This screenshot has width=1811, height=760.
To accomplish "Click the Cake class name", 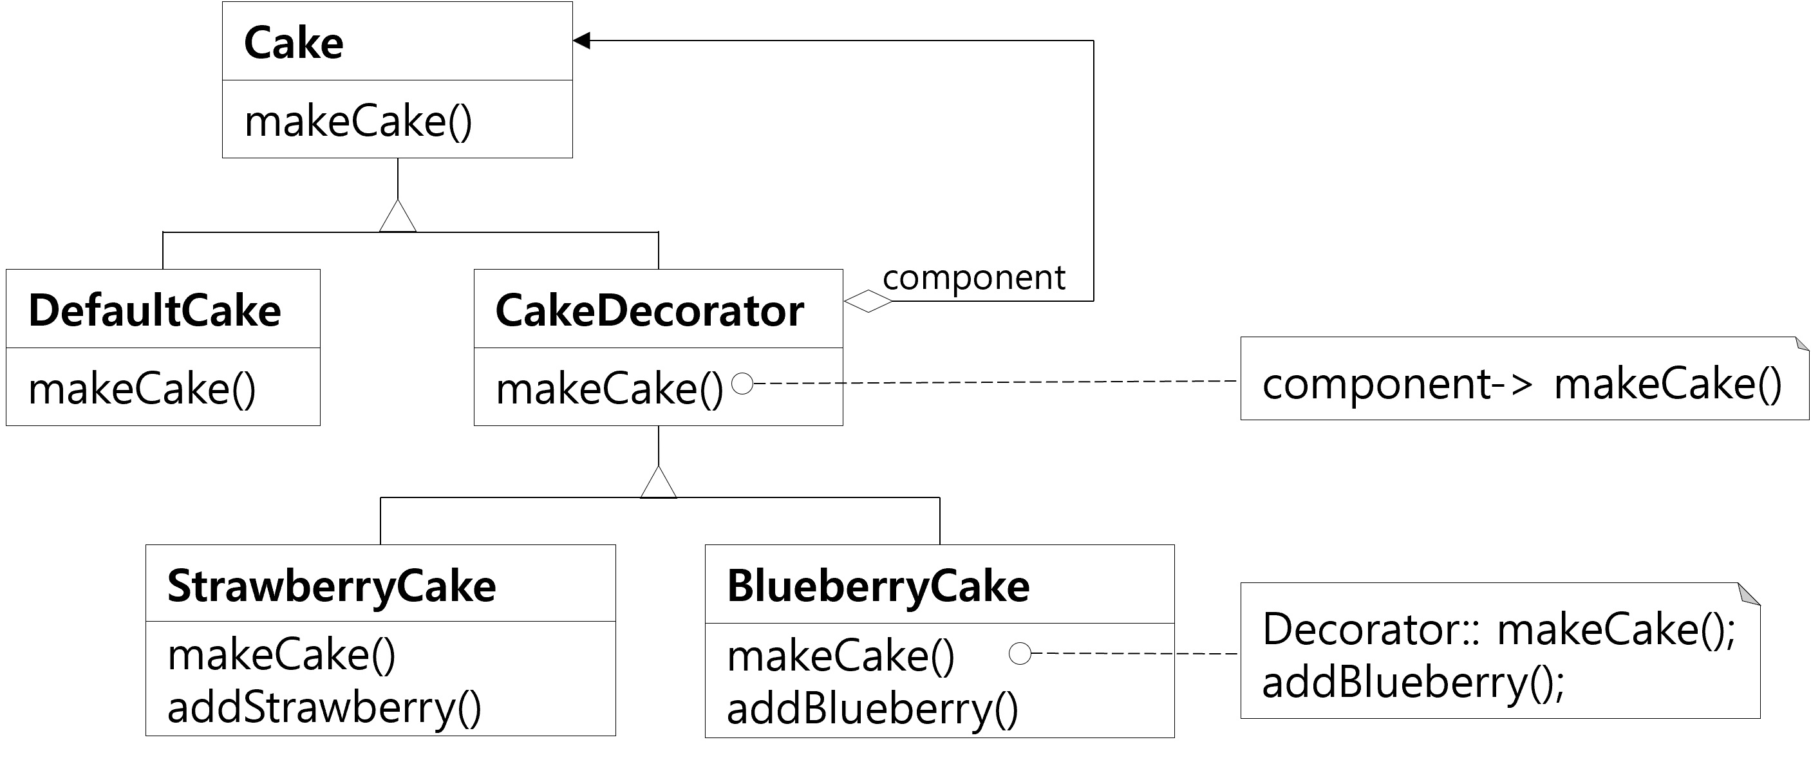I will pos(294,44).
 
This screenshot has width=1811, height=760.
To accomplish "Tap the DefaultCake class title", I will pos(155,311).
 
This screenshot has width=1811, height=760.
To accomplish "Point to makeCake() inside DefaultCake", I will pos(142,389).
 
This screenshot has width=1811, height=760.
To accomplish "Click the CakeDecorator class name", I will pos(650,311).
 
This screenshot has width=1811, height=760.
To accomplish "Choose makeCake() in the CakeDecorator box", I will pos(610,389).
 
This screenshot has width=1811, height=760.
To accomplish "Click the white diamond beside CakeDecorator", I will pos(868,302).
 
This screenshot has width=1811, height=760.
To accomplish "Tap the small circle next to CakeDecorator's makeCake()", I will pos(742,384).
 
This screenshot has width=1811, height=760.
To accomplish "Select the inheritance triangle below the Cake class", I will pos(398,216).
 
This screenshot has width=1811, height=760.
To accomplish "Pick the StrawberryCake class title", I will pos(332,586).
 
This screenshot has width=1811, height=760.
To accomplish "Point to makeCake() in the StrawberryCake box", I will pos(282,655).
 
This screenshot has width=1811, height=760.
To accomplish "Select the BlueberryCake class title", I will pos(878,586).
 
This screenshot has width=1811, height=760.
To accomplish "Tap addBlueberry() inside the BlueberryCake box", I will pos(872,709).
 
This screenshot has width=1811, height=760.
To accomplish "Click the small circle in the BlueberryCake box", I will pos(1019,654).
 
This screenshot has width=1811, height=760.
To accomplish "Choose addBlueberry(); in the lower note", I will pos(1413,682).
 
